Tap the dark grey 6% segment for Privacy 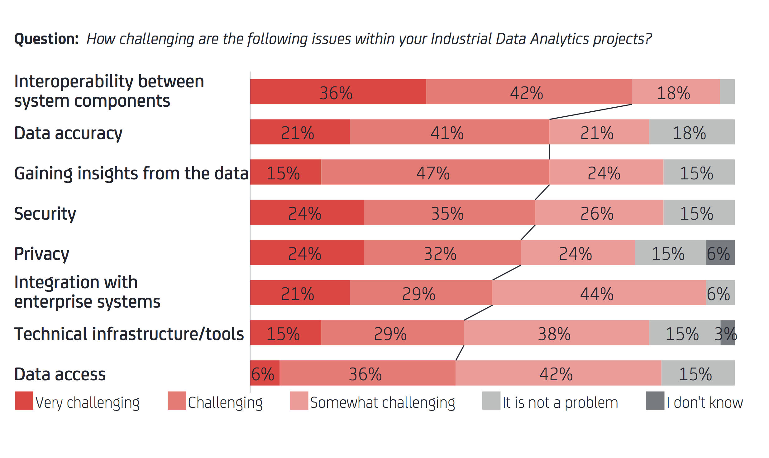coord(720,252)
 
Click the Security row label coord(45,214)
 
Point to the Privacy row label coord(41,254)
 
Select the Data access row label coord(60,374)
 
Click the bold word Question coord(46,39)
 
